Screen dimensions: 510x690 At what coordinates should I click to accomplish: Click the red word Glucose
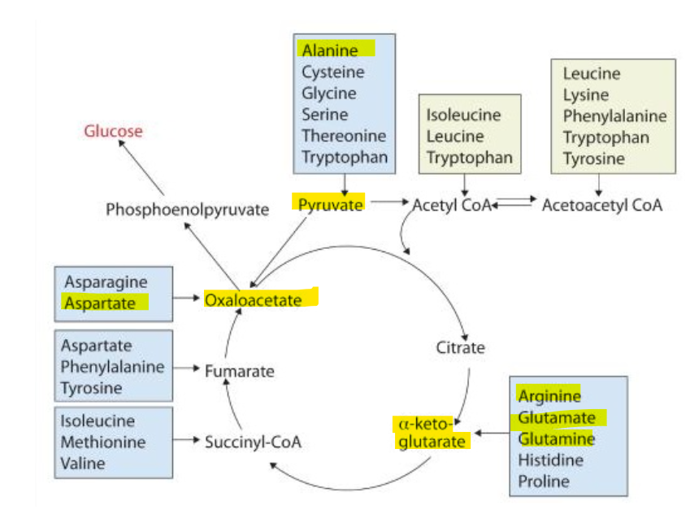(x=113, y=131)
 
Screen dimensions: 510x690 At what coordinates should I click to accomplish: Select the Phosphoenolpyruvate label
(x=187, y=210)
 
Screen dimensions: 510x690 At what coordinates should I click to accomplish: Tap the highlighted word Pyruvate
(x=330, y=204)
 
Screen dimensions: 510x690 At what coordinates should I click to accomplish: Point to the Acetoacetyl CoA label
(x=602, y=205)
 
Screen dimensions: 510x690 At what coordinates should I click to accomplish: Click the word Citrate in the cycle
(x=460, y=347)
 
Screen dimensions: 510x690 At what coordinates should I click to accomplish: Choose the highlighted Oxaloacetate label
(x=253, y=300)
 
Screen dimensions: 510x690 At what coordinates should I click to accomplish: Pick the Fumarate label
(x=239, y=372)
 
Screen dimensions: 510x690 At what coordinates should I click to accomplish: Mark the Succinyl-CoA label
(x=253, y=442)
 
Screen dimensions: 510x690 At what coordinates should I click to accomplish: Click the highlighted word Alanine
(x=330, y=50)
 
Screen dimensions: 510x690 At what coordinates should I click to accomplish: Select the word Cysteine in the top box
(x=333, y=72)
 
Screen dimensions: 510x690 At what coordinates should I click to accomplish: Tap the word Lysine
(x=586, y=95)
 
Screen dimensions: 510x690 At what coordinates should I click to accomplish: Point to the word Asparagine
(x=106, y=282)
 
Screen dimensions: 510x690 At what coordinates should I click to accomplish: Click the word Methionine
(x=103, y=442)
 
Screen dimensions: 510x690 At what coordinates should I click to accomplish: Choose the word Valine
(x=83, y=464)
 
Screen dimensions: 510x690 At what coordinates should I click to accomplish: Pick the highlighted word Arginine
(x=549, y=396)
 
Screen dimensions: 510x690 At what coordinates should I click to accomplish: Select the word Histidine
(x=551, y=460)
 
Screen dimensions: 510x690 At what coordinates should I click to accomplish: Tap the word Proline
(x=544, y=482)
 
